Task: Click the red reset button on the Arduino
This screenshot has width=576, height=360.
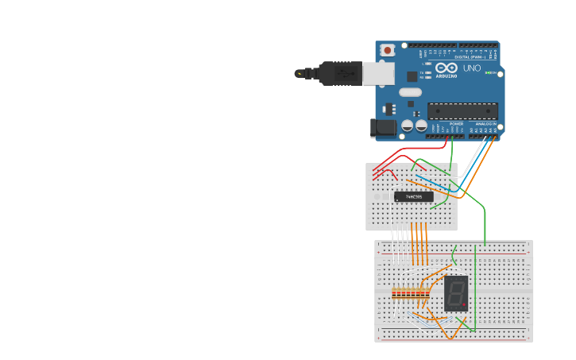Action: [x=387, y=50]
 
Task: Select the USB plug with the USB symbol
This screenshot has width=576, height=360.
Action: [x=341, y=73]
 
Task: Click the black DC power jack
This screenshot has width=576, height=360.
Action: [x=384, y=127]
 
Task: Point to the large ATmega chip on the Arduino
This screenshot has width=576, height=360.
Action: [x=462, y=111]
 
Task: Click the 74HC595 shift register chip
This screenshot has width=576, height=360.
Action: [x=414, y=196]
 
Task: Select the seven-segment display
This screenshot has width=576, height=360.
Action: [x=455, y=293]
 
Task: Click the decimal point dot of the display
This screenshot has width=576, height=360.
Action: [x=464, y=304]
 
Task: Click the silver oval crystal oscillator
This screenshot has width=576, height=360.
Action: [x=410, y=92]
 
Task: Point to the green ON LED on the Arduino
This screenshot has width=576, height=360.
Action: [x=491, y=73]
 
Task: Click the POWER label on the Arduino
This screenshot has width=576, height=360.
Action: [x=456, y=124]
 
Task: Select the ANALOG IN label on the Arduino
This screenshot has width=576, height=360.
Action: [x=485, y=124]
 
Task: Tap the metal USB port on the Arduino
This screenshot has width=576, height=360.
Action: [x=378, y=74]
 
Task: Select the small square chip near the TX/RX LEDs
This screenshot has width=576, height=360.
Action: [x=412, y=76]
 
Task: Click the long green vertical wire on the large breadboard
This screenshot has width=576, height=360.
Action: [x=475, y=286]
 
